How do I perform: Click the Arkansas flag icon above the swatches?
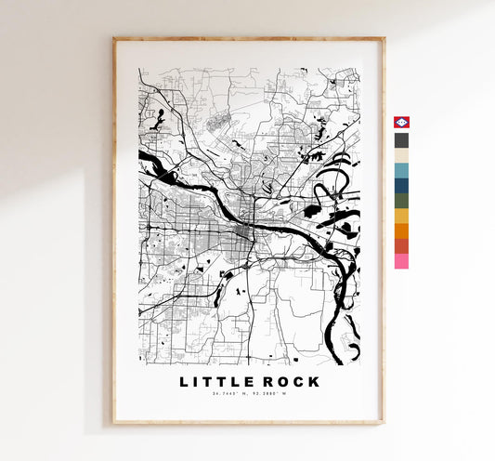(401, 124)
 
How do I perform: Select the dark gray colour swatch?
(401, 140)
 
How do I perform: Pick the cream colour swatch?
(401, 155)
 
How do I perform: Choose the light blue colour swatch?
(401, 171)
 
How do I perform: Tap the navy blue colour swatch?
(401, 186)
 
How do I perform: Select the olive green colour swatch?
(401, 201)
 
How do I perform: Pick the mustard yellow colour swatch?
(401, 216)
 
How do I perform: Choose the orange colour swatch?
(401, 230)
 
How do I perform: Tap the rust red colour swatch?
(401, 246)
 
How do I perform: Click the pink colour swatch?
(401, 261)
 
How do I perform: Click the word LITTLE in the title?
(215, 382)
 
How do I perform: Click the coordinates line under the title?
(248, 397)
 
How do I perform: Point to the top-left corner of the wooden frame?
(114, 39)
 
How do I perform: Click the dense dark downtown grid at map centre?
(247, 231)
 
